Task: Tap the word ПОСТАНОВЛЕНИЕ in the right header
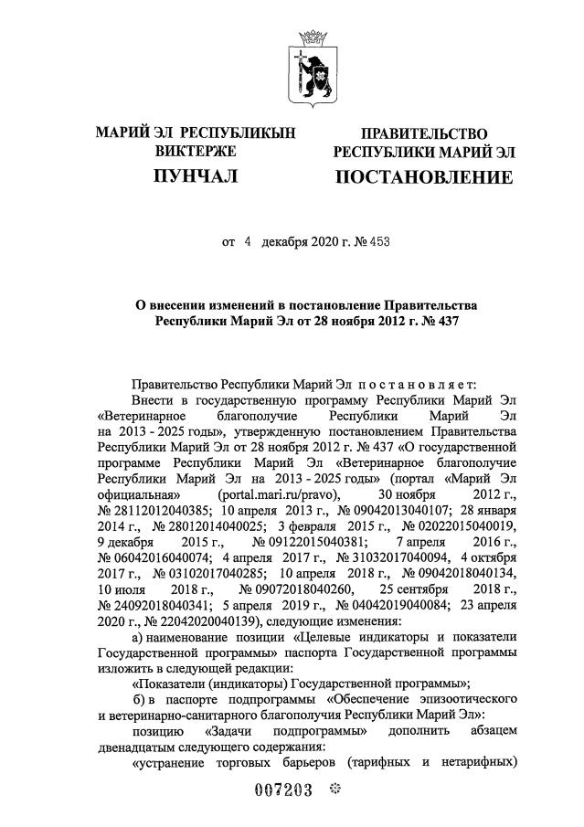[x=424, y=177]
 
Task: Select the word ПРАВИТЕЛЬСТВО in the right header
[x=424, y=134]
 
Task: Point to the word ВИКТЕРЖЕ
[x=196, y=152]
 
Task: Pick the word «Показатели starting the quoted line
[x=175, y=684]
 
